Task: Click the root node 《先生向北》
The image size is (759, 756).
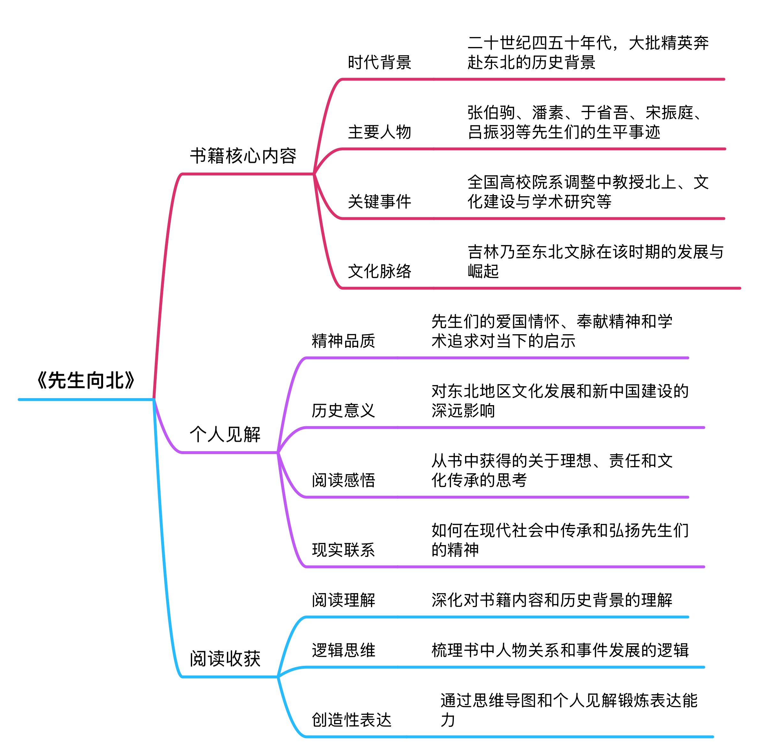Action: coord(85,380)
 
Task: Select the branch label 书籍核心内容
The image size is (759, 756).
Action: coord(243,156)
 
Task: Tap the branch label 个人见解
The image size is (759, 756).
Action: coord(225,434)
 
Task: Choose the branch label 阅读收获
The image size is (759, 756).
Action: coord(225,659)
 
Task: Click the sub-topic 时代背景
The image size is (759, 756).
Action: coord(379,62)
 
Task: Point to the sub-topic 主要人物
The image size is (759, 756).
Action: coord(379,132)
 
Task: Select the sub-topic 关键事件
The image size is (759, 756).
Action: coord(379,201)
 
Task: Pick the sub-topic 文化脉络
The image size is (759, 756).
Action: coord(379,271)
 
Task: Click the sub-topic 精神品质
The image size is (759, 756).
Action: coord(343,341)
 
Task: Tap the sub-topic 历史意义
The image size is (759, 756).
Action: coord(343,410)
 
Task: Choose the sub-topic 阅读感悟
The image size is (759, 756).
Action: coord(343,480)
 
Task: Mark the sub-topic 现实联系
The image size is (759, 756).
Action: coord(343,550)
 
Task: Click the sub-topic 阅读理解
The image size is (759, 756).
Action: coord(343,600)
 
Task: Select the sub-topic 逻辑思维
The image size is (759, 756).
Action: coord(343,650)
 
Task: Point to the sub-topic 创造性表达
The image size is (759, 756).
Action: coord(352,720)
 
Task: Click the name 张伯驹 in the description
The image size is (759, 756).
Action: coord(492,112)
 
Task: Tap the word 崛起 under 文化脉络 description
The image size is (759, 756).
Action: coord(483,271)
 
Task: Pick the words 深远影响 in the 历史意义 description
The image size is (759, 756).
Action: coord(463,410)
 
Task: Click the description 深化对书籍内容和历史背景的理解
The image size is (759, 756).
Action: coord(552,600)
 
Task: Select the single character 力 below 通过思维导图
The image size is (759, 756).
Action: coord(448,720)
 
